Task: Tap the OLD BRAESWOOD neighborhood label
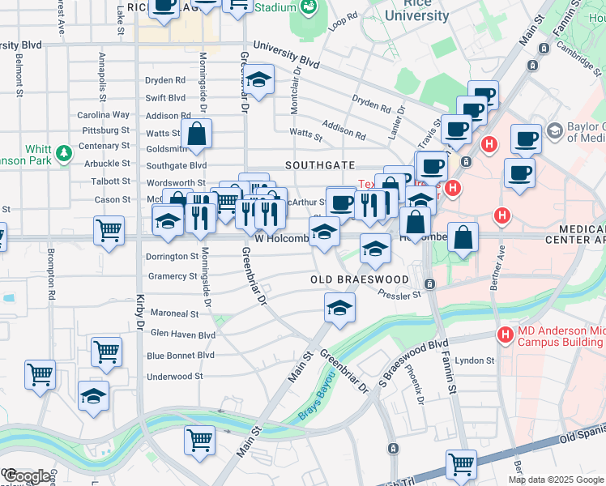361,279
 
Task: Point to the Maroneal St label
174,313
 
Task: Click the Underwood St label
176,377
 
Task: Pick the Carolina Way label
104,115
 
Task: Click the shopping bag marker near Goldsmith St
197,135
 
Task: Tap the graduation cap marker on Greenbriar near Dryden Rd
259,81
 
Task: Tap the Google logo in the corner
26,476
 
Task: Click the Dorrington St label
172,256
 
